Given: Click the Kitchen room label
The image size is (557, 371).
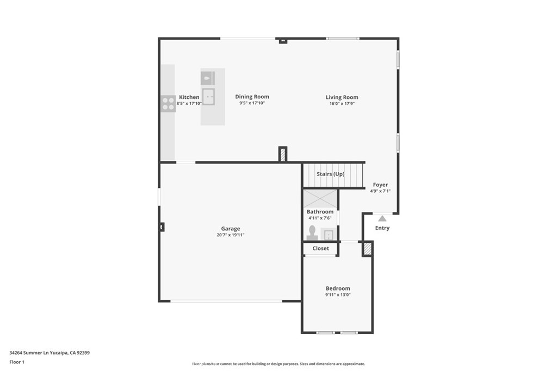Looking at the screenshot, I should (189, 97).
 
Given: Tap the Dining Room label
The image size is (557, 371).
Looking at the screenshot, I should (252, 97).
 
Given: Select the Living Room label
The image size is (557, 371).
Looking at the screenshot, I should (342, 97).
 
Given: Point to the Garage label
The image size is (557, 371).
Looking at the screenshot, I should (230, 229).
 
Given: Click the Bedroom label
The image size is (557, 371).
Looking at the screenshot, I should (338, 288).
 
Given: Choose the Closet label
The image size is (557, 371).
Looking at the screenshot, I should (320, 248).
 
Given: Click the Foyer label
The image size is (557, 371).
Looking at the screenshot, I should (380, 185).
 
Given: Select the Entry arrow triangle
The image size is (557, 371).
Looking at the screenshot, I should (382, 218).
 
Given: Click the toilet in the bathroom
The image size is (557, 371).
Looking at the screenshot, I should (312, 233).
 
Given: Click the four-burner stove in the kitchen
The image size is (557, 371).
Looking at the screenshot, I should (168, 103).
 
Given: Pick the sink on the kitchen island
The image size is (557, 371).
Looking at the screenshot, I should (208, 96).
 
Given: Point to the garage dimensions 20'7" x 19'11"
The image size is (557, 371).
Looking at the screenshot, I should (230, 235).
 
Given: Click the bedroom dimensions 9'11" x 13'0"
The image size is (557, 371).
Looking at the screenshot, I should (338, 295).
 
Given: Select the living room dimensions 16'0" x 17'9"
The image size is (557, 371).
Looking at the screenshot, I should (342, 104).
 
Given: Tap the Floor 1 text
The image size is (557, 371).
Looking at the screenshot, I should (17, 361).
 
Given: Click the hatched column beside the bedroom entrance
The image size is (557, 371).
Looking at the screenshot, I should (368, 249).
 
